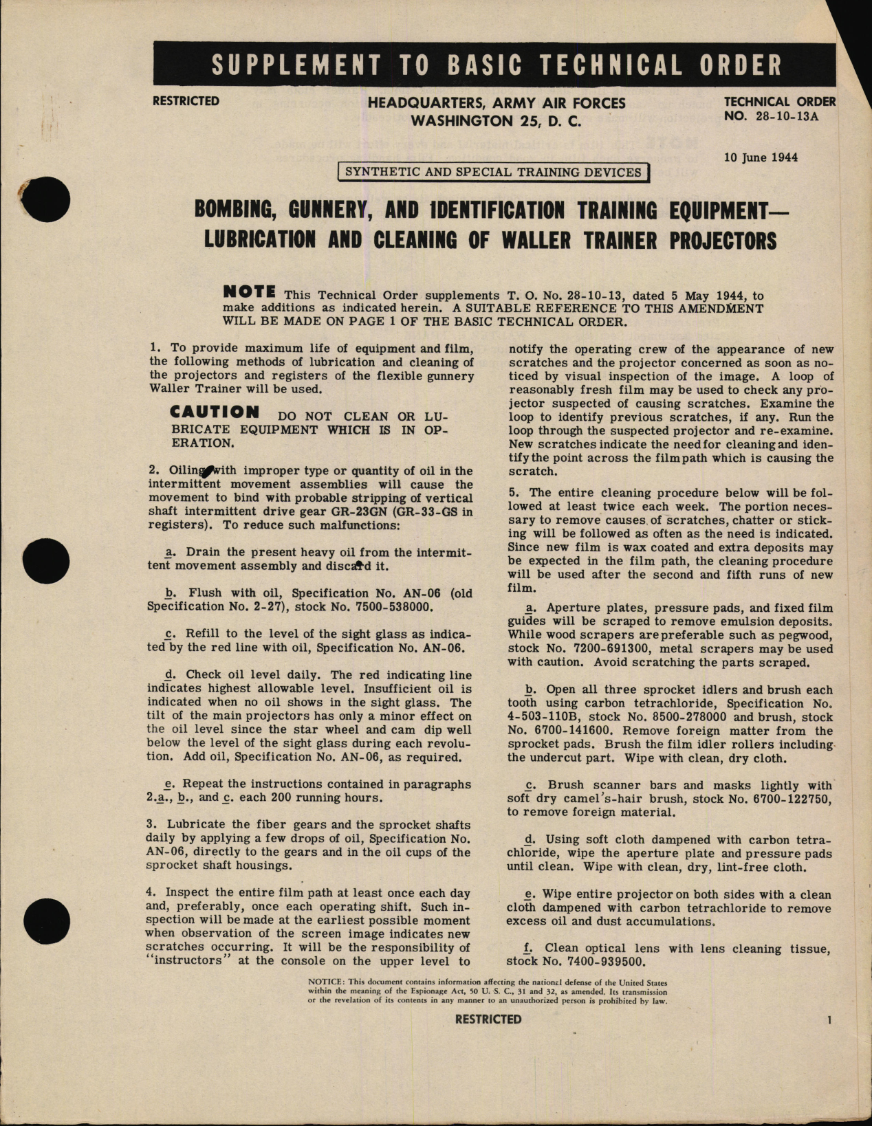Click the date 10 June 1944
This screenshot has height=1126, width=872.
(761, 157)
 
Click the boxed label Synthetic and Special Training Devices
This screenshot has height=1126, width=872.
(493, 173)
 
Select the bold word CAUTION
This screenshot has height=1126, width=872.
(215, 412)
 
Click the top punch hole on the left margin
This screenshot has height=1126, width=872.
(47, 199)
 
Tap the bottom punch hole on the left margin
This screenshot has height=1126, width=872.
(47, 920)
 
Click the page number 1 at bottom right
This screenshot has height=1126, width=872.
(830, 1020)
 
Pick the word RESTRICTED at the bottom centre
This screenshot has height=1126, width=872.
(488, 1019)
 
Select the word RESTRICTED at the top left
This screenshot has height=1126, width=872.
(186, 101)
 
